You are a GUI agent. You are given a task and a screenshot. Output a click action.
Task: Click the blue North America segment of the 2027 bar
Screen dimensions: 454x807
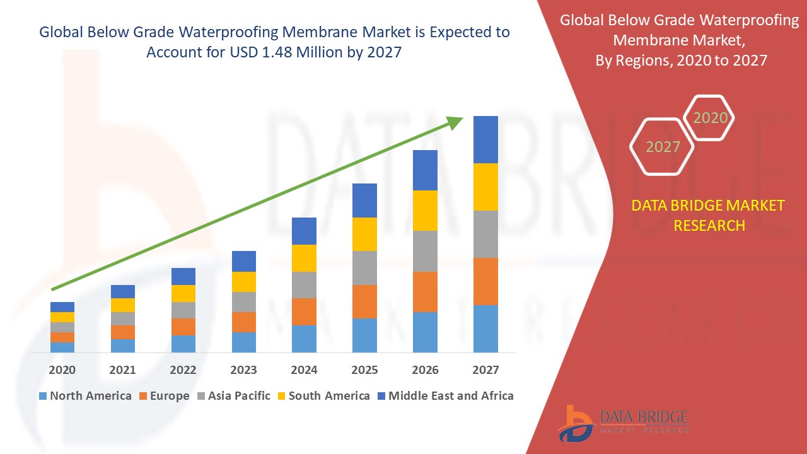[485, 329]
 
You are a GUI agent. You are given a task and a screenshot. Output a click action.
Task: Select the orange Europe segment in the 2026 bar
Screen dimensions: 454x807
[425, 291]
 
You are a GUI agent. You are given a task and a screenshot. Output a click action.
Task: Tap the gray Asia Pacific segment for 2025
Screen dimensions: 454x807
[364, 268]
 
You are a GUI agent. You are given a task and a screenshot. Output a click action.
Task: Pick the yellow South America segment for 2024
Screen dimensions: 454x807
[305, 258]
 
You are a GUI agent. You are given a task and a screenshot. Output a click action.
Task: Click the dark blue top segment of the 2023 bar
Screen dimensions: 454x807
[244, 261]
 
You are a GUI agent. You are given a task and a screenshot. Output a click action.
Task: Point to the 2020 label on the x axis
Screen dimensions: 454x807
[62, 370]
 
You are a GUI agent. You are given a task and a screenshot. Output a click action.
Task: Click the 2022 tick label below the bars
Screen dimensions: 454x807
[183, 370]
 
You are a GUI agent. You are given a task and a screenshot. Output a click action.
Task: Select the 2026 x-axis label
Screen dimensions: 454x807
[425, 370]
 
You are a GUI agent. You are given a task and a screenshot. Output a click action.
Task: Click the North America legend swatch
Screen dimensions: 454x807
[43, 397]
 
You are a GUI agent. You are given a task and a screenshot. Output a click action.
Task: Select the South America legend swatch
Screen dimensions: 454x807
[281, 397]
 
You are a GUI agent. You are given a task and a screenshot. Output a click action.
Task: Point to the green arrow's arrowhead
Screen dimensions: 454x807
[455, 122]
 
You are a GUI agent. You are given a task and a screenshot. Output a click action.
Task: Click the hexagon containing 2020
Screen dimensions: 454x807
[710, 118]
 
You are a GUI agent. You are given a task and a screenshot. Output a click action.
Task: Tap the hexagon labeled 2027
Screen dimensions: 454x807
[663, 147]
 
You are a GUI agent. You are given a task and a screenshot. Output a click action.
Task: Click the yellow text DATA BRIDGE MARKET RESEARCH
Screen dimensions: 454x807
[709, 215]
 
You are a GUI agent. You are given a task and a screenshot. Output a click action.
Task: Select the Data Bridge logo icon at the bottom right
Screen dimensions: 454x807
[575, 423]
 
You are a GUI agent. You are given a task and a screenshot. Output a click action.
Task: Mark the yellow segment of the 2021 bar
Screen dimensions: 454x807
[123, 305]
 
